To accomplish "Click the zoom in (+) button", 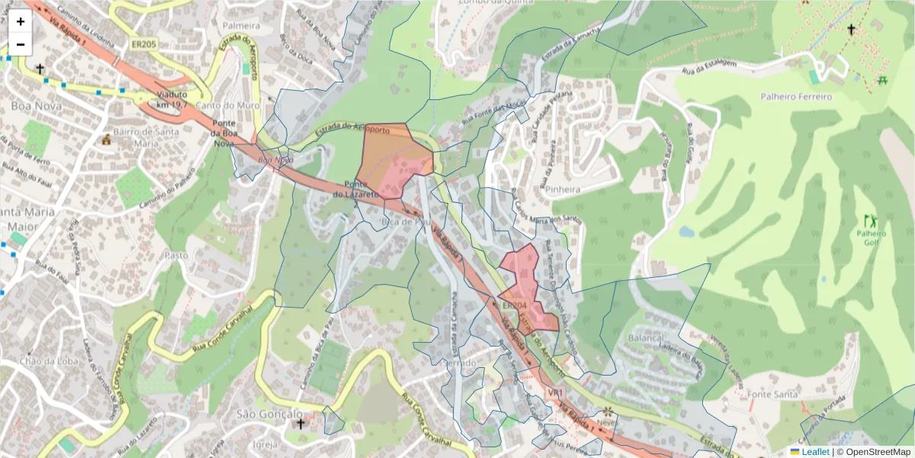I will point(21,22).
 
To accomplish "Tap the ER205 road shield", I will point(143,45).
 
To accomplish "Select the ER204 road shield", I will point(515,306).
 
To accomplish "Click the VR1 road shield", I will point(555,392).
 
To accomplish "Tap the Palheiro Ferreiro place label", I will point(796,97).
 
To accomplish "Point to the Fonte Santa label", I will point(772,394).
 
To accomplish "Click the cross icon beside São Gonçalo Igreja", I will point(300,424).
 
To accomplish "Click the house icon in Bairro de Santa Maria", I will point(106,140).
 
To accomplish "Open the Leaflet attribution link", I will point(814,452).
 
